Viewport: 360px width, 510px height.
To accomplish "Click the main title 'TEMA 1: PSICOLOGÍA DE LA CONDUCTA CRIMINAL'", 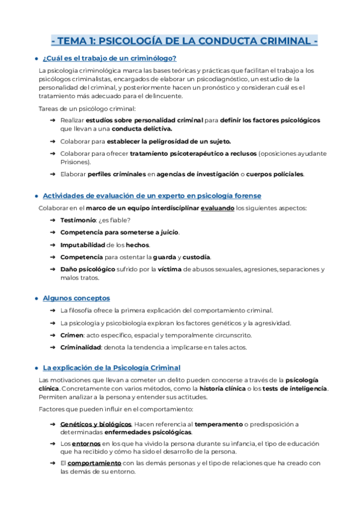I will tap(185, 41).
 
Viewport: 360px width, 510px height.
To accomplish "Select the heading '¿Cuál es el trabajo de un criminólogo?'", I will tap(109, 58).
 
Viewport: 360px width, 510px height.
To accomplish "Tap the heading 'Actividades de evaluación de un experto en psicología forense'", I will tap(152, 196).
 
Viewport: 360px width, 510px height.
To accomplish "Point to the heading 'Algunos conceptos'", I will tap(76, 298).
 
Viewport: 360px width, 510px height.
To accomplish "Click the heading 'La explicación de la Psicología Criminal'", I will tap(112, 367).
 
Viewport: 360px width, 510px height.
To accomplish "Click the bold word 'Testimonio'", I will tap(78, 220).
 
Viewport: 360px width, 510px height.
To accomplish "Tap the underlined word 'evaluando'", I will tap(215, 208).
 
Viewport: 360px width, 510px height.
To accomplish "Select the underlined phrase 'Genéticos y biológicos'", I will tap(96, 424).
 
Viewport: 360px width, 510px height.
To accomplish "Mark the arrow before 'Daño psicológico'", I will tap(53, 269).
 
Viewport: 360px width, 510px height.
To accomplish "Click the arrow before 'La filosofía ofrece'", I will tap(53, 310).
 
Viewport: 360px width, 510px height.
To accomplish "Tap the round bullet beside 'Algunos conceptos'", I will tap(37, 298).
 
